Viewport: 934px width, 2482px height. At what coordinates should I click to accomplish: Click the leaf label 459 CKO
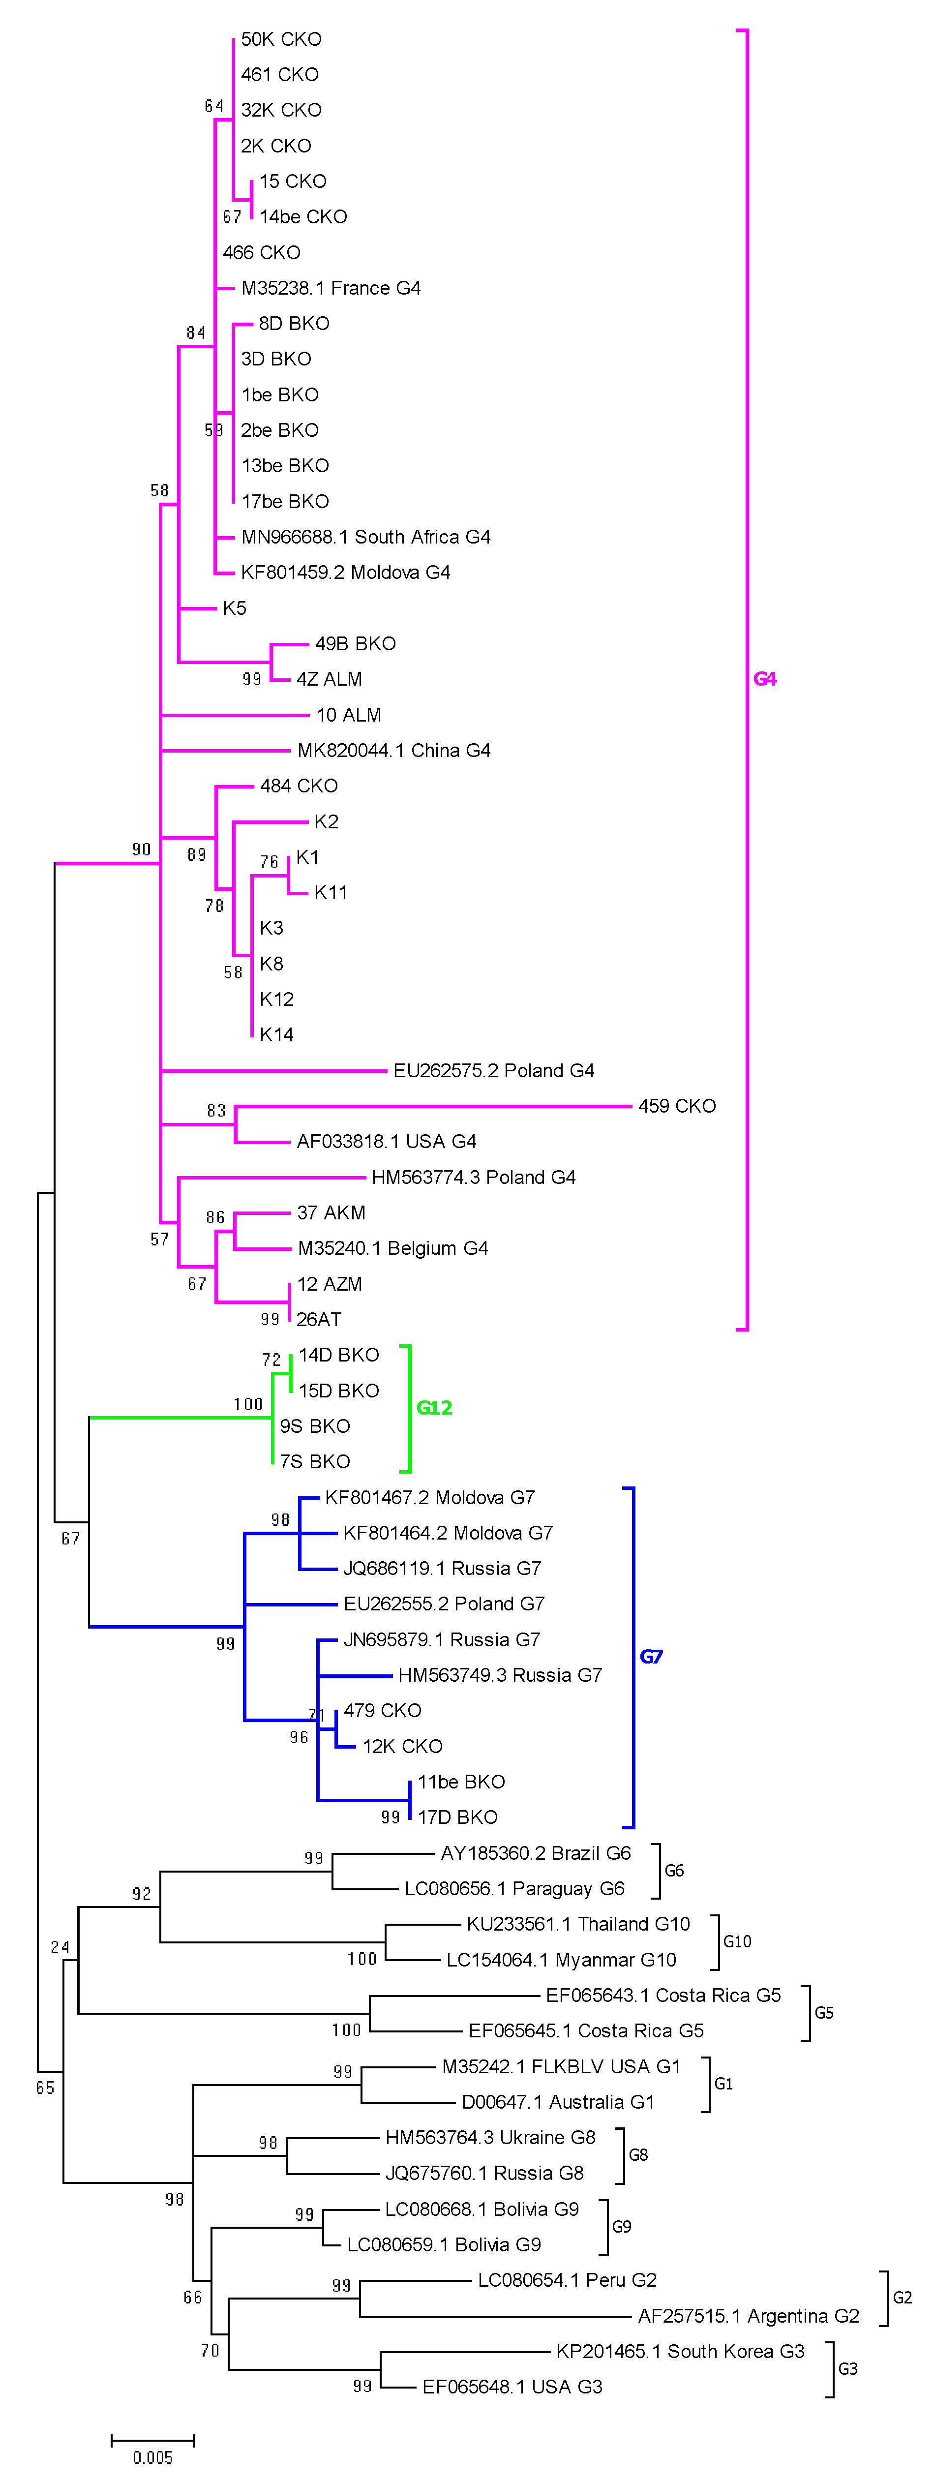[677, 1106]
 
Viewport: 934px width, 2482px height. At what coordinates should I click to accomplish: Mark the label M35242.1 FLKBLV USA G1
[561, 2067]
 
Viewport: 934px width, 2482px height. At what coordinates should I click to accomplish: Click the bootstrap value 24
[60, 1947]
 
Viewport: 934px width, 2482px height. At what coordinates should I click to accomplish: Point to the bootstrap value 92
[142, 1894]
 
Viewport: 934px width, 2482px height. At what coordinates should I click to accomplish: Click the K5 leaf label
[234, 608]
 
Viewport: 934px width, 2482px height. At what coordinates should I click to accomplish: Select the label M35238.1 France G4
[331, 288]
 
